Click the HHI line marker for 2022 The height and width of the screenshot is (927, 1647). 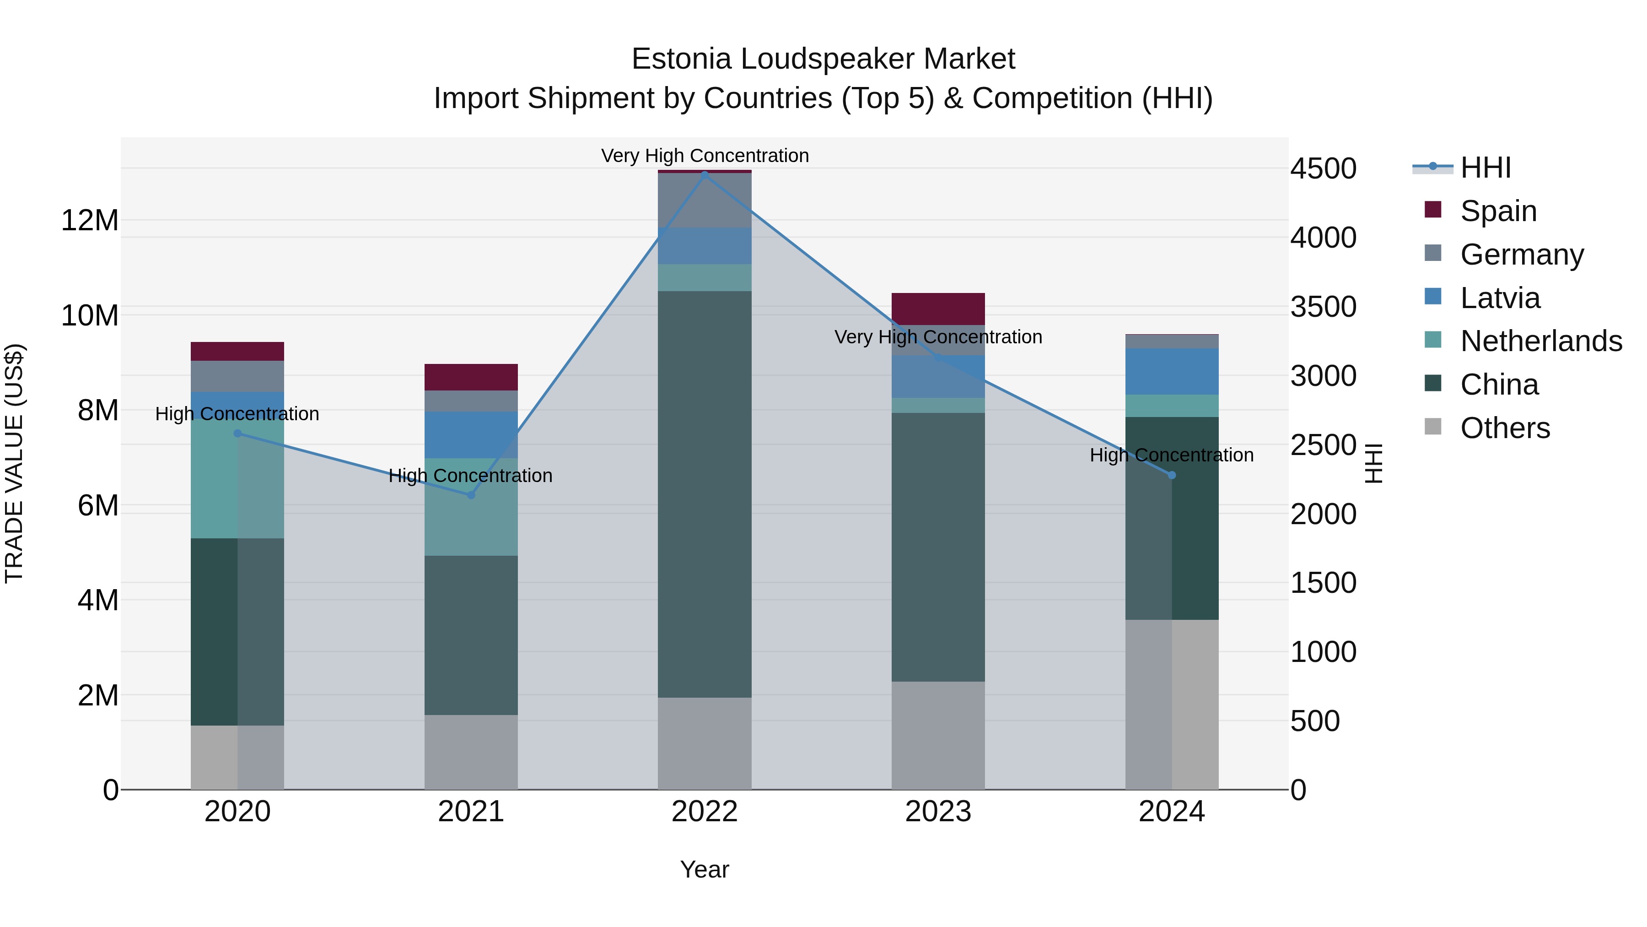point(705,175)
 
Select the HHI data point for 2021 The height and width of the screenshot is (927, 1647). point(471,494)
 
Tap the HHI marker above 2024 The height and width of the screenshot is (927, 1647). point(1172,475)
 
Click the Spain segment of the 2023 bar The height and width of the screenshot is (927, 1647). point(938,309)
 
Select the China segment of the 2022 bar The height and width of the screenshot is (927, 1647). point(705,494)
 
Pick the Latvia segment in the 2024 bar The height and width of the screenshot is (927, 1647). point(1172,372)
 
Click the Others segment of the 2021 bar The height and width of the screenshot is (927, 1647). point(471,752)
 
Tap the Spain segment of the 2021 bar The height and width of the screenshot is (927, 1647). point(471,377)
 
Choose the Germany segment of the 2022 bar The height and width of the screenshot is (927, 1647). point(705,200)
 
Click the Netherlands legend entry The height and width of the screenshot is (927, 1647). point(1541,341)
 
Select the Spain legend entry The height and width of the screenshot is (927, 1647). point(1498,211)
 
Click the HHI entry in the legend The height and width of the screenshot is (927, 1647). point(1485,168)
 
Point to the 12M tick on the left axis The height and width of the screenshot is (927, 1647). point(90,221)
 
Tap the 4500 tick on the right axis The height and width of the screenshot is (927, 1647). point(1323,169)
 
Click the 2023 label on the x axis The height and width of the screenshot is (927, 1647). point(938,812)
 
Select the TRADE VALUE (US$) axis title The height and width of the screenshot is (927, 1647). point(14,464)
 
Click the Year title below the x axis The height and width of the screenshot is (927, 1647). point(705,869)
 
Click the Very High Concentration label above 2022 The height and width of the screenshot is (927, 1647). point(705,156)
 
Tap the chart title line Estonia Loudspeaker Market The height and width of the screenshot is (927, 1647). point(823,59)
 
